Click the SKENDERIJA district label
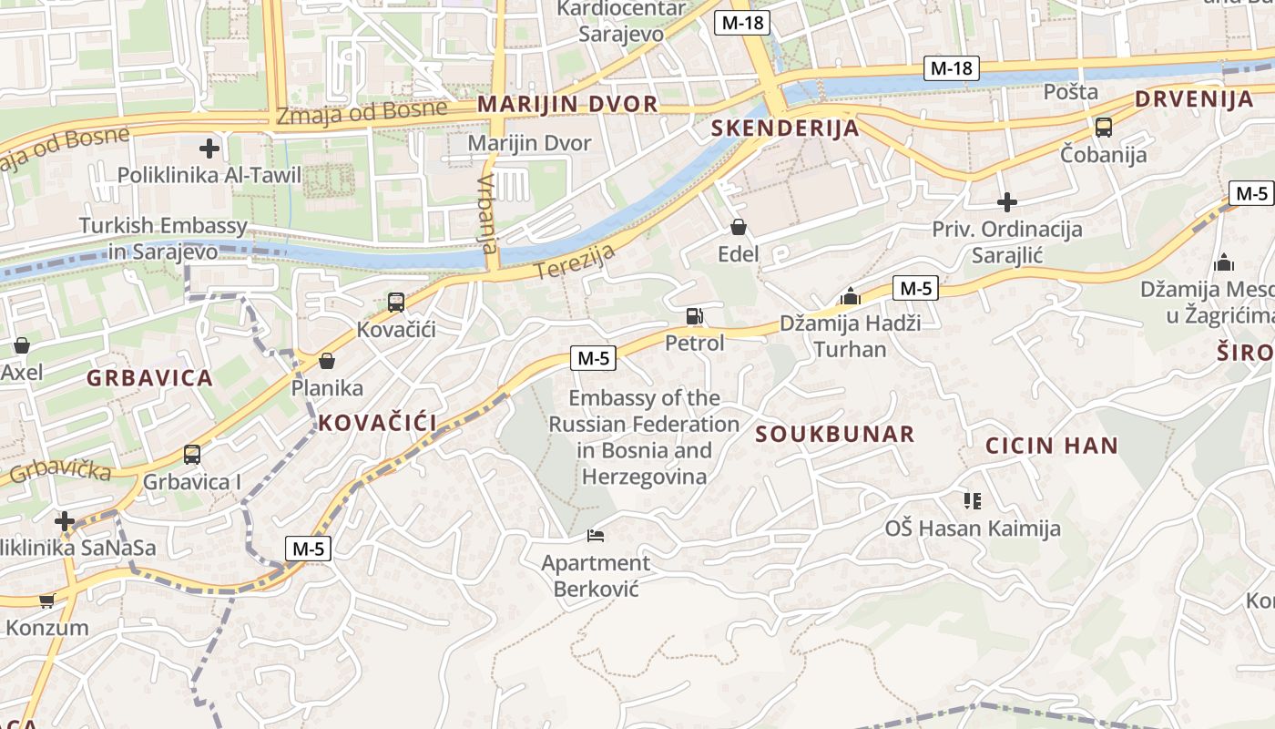(785, 128)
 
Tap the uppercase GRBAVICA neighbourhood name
(150, 377)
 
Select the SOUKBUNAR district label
(835, 434)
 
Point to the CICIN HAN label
(1052, 446)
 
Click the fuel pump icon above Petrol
(694, 316)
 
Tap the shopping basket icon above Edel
(738, 227)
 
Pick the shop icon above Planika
(327, 361)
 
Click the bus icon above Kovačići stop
(395, 302)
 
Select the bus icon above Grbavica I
(192, 454)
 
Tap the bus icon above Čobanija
(1104, 128)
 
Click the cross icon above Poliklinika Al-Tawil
(209, 148)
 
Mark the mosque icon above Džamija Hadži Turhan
(851, 296)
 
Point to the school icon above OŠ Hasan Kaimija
(973, 500)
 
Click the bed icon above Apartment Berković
(596, 536)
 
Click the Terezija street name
(575, 262)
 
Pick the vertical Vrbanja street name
(488, 213)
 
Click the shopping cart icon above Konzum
(46, 601)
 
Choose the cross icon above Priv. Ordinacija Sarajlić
(1007, 201)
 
